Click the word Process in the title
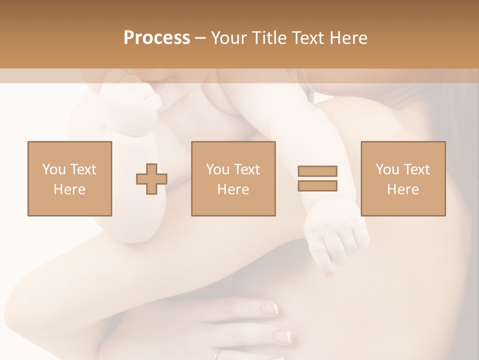157,38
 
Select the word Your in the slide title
229,38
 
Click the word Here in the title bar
349,38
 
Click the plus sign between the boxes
152,179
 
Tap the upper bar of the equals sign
317,171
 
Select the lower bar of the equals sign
317,185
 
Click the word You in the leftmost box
53,169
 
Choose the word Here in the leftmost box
69,189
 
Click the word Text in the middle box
247,169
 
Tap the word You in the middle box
218,169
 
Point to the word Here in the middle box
233,189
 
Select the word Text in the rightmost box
417,169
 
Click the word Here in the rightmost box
403,189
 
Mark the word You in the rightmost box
387,169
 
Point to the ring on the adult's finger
216,355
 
